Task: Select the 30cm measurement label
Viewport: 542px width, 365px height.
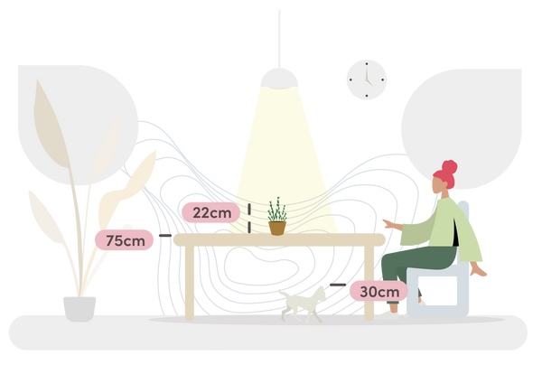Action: click(x=378, y=291)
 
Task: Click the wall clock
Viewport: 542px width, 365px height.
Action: click(x=366, y=80)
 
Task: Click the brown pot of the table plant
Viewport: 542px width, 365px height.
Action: click(x=276, y=227)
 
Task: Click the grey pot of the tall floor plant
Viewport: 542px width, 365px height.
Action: click(x=79, y=307)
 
